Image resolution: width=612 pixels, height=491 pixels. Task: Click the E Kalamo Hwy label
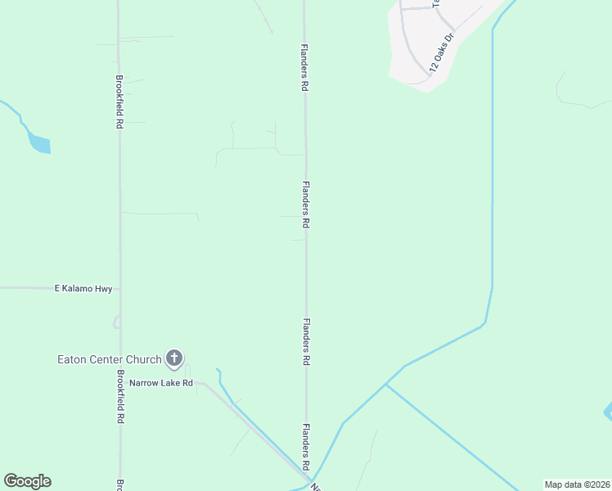tap(83, 289)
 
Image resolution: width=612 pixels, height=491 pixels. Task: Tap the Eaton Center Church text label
tap(109, 359)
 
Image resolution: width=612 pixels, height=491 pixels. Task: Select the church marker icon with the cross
tap(174, 358)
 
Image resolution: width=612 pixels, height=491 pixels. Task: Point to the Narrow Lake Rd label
tap(161, 382)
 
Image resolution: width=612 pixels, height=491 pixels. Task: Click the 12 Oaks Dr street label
tap(440, 55)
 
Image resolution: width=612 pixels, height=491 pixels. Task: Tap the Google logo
tap(27, 481)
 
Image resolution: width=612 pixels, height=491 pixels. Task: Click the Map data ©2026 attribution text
tap(577, 484)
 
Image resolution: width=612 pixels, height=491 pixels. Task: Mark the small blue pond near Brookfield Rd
tap(39, 143)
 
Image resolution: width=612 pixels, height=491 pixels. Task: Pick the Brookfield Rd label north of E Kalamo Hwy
tap(119, 101)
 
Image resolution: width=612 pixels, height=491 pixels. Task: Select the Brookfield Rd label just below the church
tap(120, 396)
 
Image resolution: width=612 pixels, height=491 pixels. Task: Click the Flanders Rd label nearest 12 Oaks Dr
tap(304, 67)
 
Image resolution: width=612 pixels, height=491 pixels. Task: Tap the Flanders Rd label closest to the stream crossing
tap(305, 445)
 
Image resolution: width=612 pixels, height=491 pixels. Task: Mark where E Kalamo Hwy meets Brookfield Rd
tap(120, 289)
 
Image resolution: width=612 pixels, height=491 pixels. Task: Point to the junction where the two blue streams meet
tap(385, 384)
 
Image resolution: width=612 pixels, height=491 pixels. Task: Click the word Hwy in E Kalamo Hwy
tap(103, 289)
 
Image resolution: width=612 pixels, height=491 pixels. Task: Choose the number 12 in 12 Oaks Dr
tap(432, 68)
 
